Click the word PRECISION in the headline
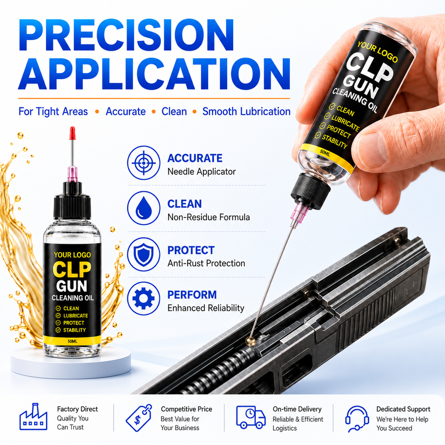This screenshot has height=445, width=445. pyautogui.click(x=126, y=35)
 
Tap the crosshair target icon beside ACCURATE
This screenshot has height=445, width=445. pyautogui.click(x=144, y=163)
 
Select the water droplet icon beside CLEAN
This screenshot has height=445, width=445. pyautogui.click(x=144, y=208)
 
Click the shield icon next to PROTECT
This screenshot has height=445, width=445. pyautogui.click(x=144, y=254)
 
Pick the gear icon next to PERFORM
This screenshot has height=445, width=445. pyautogui.click(x=144, y=298)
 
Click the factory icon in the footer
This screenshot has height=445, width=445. pyautogui.click(x=33, y=417)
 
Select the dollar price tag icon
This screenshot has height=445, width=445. pyautogui.click(x=139, y=418)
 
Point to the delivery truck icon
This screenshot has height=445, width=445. pyautogui.click(x=251, y=417)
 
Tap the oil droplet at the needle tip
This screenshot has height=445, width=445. pyautogui.click(x=250, y=341)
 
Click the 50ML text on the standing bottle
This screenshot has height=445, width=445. pyautogui.click(x=72, y=342)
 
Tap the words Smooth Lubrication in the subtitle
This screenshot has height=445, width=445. pyautogui.click(x=246, y=112)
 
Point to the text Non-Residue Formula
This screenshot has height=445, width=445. pyautogui.click(x=209, y=217)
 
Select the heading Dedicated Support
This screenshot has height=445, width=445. pyautogui.click(x=403, y=409)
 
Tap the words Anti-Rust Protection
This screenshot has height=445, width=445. pyautogui.click(x=206, y=263)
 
